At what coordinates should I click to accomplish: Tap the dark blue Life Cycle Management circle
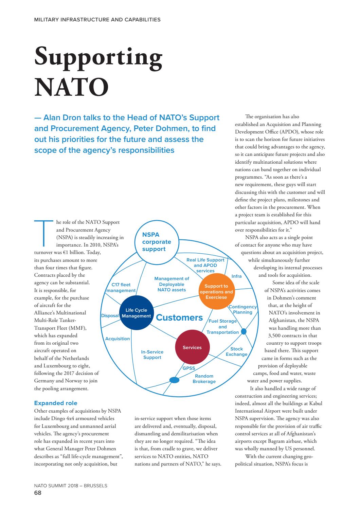[136, 313]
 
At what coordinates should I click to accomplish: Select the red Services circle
[192, 347]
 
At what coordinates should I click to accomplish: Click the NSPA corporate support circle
[156, 242]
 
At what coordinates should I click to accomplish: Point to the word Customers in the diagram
[179, 318]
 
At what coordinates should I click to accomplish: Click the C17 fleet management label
[121, 288]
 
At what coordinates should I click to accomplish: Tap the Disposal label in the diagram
[110, 315]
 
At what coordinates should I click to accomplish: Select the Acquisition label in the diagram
[118, 339]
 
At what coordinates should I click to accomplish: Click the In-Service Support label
[152, 355]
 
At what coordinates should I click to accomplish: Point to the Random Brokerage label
[204, 379]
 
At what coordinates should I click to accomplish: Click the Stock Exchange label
[236, 351]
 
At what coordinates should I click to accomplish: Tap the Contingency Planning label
[242, 309]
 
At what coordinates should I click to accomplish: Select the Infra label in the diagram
[236, 276]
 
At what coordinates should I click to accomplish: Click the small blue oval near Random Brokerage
[174, 380]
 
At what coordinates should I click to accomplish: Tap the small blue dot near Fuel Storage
[244, 331]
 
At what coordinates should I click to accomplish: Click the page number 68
[38, 493]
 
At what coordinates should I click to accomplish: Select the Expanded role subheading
[56, 403]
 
